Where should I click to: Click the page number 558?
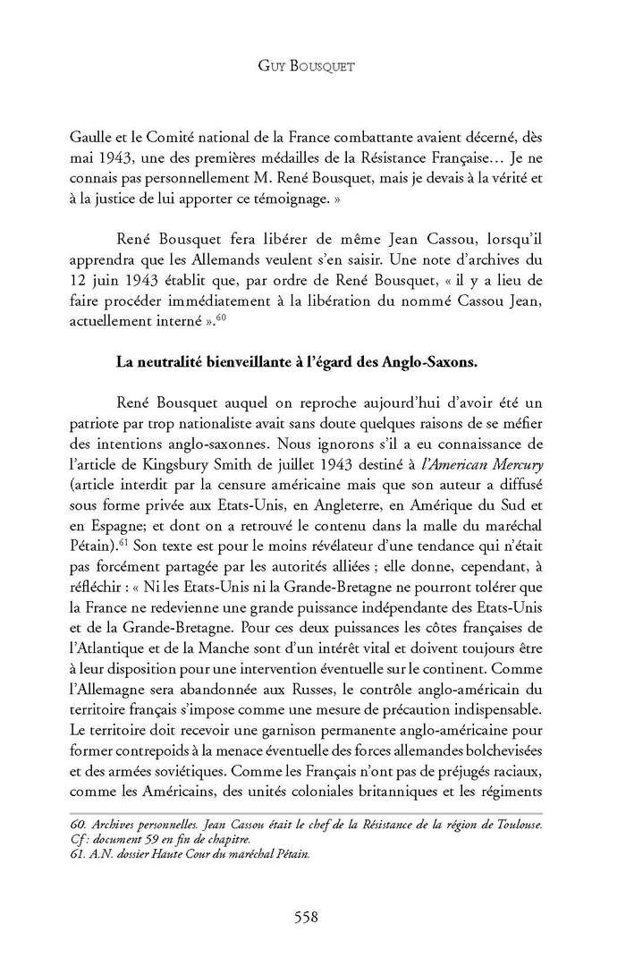point(308,916)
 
